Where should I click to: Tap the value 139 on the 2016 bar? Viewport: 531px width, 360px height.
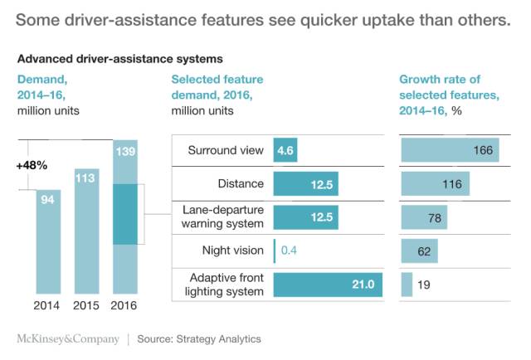(125, 153)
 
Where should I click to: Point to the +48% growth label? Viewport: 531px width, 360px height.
(32, 165)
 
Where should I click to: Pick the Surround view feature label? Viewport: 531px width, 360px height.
(226, 150)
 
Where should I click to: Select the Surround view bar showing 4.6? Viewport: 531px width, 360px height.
(285, 150)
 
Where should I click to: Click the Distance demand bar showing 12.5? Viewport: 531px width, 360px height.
(306, 183)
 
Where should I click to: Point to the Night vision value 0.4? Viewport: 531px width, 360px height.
(290, 250)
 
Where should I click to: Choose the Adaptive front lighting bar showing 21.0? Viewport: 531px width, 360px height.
(327, 284)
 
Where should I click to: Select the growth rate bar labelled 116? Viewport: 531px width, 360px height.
(435, 183)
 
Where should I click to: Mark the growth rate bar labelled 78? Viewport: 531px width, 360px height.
(423, 216)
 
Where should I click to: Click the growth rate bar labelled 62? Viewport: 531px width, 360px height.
(419, 250)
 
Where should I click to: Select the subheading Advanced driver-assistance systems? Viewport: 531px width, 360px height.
(119, 60)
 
